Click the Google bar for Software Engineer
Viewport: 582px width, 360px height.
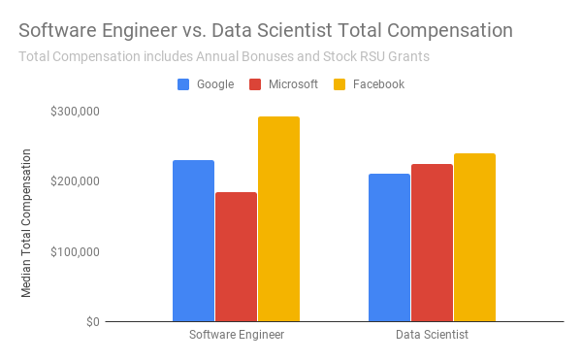[193, 241]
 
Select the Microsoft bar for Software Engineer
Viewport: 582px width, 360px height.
[236, 256]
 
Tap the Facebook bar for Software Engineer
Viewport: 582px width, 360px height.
[278, 218]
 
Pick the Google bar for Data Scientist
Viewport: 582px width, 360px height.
[389, 247]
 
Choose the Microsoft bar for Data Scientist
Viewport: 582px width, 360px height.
[432, 243]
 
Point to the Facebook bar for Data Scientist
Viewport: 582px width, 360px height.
[474, 237]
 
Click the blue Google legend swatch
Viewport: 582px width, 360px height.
[183, 84]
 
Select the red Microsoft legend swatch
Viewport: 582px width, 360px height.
[255, 84]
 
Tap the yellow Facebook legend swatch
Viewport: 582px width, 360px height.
[339, 84]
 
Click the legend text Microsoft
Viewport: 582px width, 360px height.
[293, 84]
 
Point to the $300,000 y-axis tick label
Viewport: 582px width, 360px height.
[75, 111]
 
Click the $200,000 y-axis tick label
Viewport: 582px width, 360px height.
[75, 181]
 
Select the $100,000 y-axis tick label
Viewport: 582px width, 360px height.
[75, 251]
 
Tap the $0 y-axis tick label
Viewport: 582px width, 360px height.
[93, 322]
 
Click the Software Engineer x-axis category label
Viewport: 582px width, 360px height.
[237, 335]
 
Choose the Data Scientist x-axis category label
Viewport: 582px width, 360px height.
[432, 335]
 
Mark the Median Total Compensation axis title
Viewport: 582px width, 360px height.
[26, 223]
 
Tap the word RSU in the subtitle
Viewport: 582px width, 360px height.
[373, 56]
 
